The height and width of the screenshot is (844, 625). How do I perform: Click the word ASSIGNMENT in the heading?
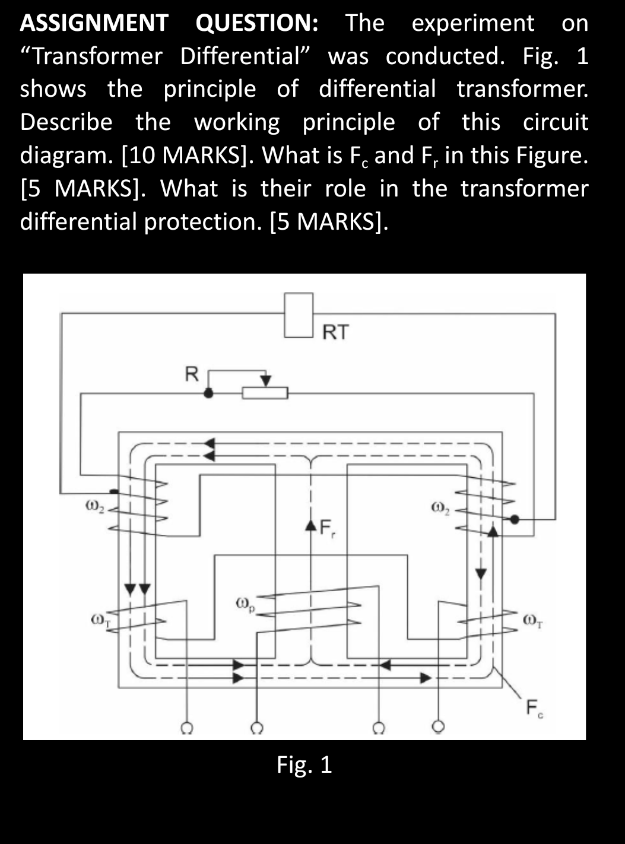pyautogui.click(x=94, y=23)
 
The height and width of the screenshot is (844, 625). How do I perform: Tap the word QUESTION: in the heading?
pyautogui.click(x=257, y=23)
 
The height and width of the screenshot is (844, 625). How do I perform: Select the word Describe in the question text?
pyautogui.click(x=66, y=122)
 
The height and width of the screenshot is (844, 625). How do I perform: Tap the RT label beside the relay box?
pyautogui.click(x=336, y=332)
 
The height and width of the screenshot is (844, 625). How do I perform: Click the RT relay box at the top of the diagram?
pyautogui.click(x=299, y=315)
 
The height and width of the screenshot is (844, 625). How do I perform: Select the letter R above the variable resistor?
pyautogui.click(x=191, y=375)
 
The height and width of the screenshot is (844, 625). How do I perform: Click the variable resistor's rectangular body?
pyautogui.click(x=265, y=393)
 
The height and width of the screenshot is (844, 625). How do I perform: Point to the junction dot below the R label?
pyautogui.click(x=208, y=393)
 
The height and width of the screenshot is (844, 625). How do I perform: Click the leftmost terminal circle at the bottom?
pyautogui.click(x=186, y=727)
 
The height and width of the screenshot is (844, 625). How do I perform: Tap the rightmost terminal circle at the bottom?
pyautogui.click(x=438, y=726)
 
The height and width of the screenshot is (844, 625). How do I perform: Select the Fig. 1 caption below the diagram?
pyautogui.click(x=304, y=765)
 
